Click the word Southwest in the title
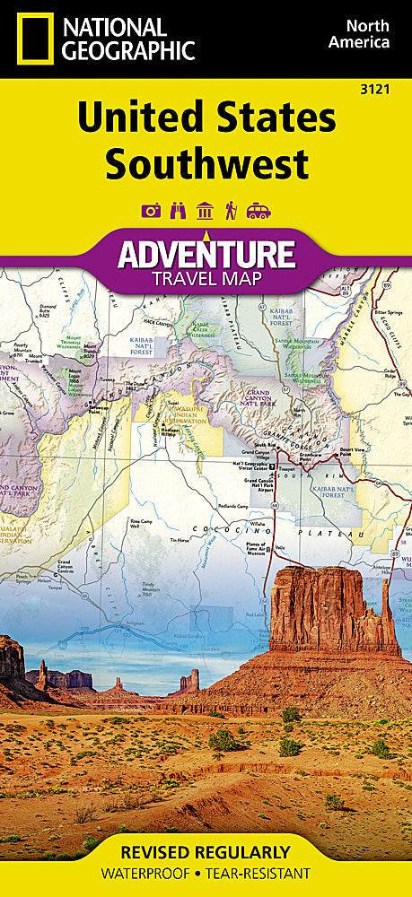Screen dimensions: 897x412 tap(206, 164)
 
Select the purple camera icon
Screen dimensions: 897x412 tap(151, 211)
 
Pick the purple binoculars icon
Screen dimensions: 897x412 tap(178, 211)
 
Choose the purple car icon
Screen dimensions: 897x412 tap(259, 211)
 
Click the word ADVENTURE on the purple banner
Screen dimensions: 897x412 tap(206, 254)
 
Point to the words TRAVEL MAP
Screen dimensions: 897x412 tap(206, 278)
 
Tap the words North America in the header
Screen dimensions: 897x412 tap(358, 34)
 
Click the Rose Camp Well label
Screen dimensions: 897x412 tap(141, 524)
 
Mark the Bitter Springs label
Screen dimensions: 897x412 tap(387, 313)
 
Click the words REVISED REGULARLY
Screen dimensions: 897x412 tap(206, 851)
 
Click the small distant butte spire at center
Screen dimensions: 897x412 tap(188, 679)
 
